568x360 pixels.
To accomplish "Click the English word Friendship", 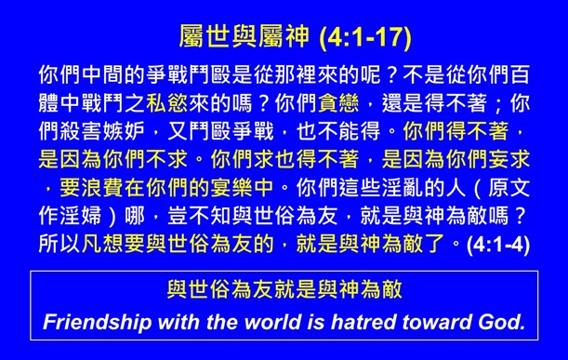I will (x=99, y=323).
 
